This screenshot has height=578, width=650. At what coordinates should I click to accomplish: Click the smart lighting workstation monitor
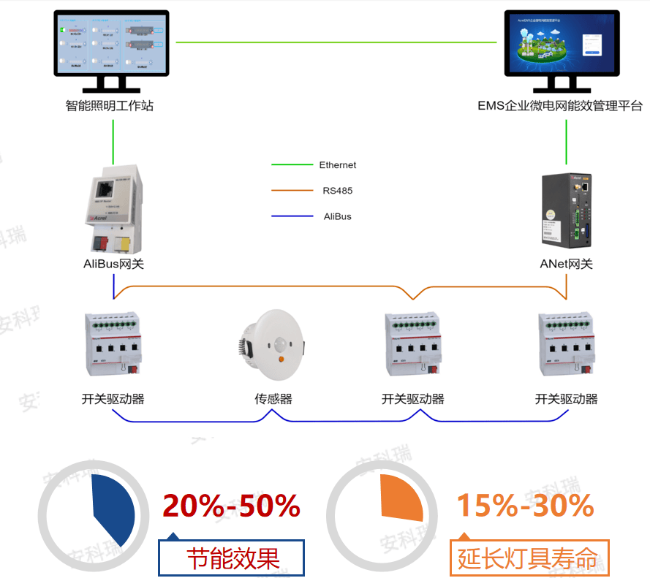(112, 43)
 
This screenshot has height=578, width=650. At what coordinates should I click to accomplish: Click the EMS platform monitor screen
(562, 43)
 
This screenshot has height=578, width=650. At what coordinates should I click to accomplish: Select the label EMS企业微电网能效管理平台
(559, 106)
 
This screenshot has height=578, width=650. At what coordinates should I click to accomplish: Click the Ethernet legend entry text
(337, 165)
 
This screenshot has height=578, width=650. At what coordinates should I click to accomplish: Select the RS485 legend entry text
(337, 191)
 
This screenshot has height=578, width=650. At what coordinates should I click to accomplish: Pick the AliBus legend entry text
(337, 216)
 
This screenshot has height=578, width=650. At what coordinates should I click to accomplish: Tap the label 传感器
(273, 399)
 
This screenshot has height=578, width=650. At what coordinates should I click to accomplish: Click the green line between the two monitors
(336, 42)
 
